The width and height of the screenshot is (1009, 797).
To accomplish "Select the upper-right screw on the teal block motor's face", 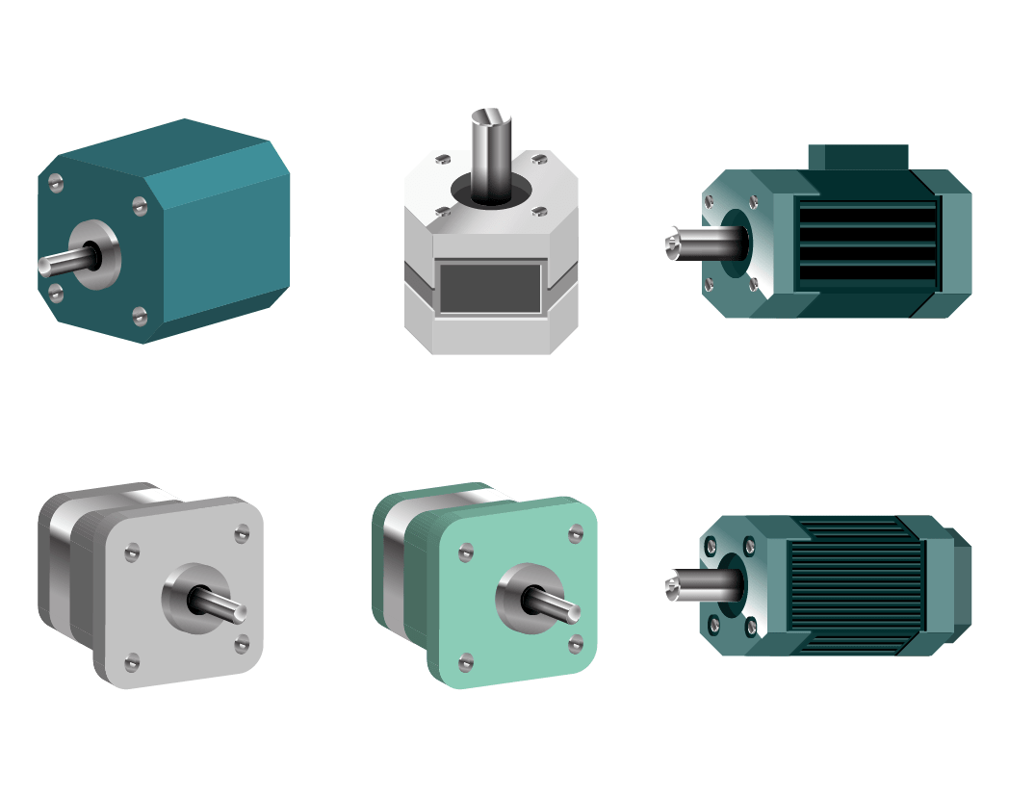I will click(x=139, y=204).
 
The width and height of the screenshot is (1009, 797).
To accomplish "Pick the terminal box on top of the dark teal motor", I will click(x=858, y=157).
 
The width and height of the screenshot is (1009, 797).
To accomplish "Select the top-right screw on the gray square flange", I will click(x=241, y=532).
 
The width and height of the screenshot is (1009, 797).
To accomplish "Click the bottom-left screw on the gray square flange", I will click(x=132, y=661).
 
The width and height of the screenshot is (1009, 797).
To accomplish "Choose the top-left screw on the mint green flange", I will click(x=466, y=551).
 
